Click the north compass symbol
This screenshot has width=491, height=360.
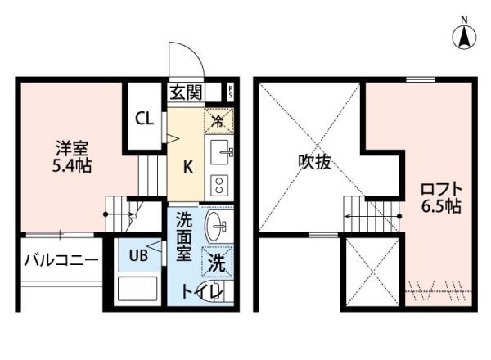pos(464,35)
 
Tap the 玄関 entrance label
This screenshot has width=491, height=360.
pos(186,92)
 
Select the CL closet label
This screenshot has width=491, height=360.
pos(144,119)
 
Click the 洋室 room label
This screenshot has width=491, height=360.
pos(71,149)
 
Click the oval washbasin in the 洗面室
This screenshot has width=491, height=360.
pos(218,227)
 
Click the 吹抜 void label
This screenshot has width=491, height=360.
pos(313,162)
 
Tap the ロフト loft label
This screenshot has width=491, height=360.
pos(441,187)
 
